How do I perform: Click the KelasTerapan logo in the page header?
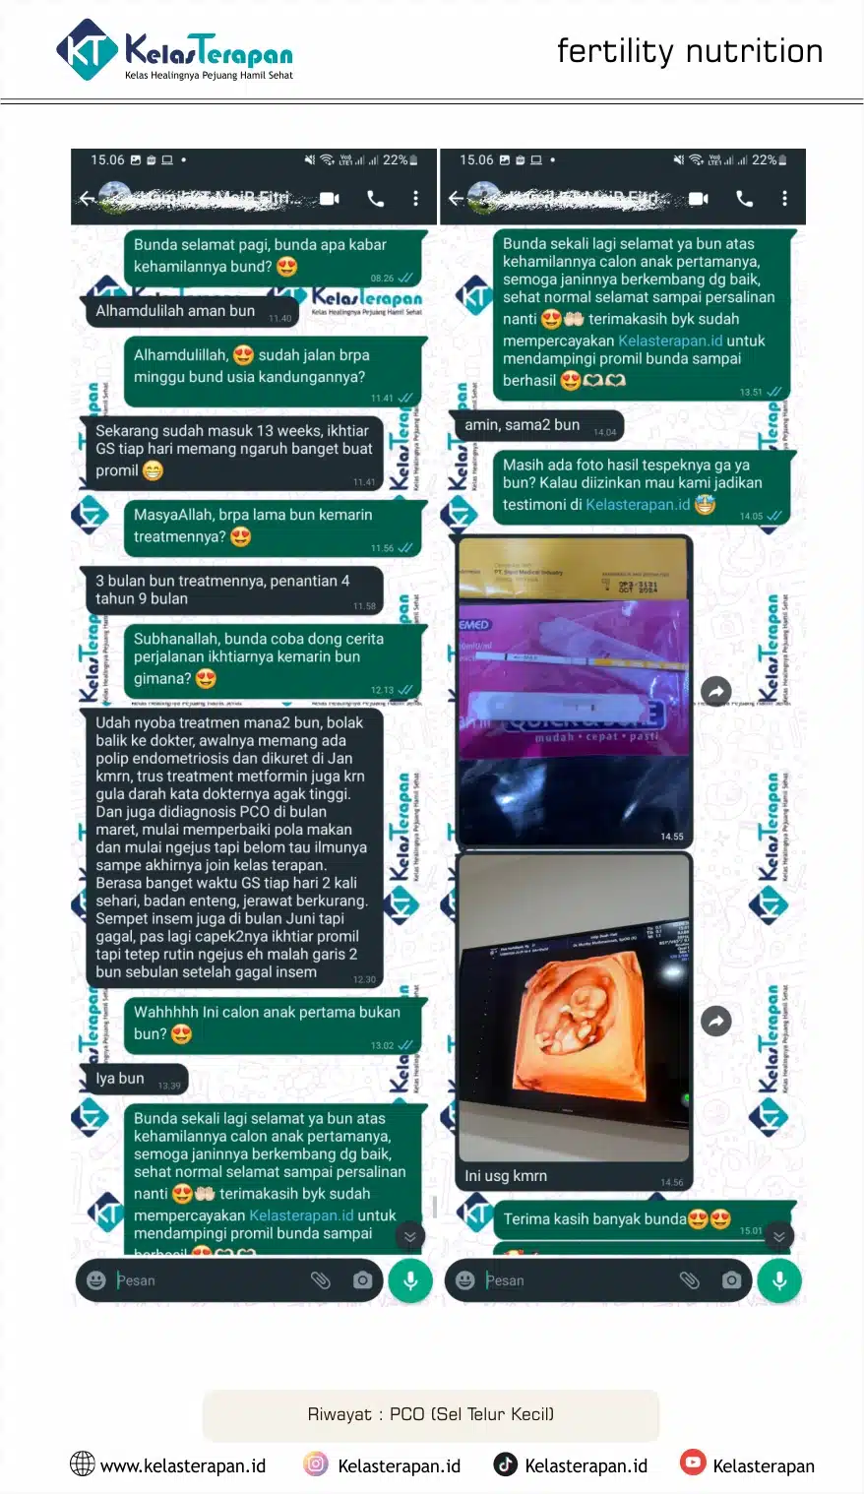[x=175, y=51]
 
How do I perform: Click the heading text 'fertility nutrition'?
[x=689, y=51]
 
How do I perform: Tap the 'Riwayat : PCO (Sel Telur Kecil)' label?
[x=431, y=1414]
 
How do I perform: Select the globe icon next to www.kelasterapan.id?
[x=83, y=1464]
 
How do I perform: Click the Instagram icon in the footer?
[x=315, y=1464]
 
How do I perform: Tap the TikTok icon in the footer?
[x=505, y=1464]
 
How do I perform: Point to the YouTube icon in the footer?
[x=693, y=1463]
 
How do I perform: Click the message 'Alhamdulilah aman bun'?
[x=175, y=311]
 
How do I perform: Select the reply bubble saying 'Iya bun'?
[x=120, y=1079]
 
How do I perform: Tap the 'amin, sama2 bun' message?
[x=523, y=425]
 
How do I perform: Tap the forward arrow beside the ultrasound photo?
[x=716, y=1021]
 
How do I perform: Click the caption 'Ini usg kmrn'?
[x=506, y=1176]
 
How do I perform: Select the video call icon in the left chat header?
[x=330, y=199]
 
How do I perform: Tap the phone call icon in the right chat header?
[x=744, y=199]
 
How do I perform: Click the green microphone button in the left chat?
[x=410, y=1280]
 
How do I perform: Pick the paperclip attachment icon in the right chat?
[x=689, y=1280]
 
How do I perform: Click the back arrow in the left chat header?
[x=88, y=199]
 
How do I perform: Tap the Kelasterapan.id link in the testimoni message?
[x=638, y=505]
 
